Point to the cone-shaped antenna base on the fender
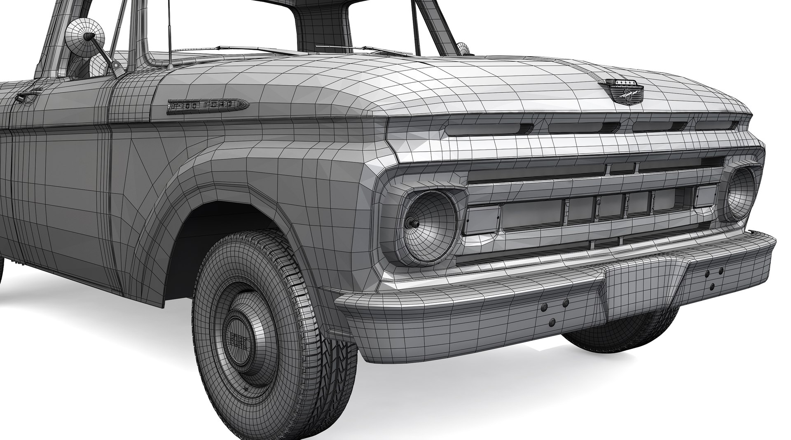(169, 65)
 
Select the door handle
(26, 98)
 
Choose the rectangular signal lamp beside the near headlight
(481, 220)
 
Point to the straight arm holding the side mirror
(103, 51)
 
